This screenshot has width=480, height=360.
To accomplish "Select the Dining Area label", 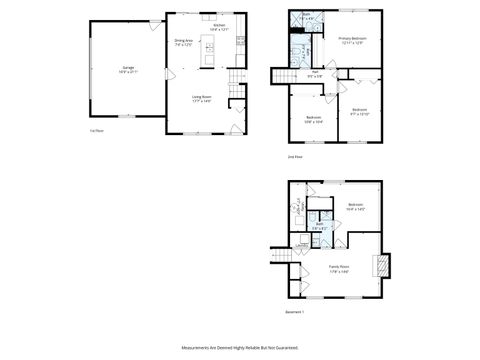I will pyautogui.click(x=183, y=43).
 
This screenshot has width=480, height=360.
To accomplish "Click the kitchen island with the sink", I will pyautogui.click(x=209, y=49).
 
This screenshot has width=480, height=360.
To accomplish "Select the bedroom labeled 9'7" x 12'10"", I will pyautogui.click(x=360, y=112).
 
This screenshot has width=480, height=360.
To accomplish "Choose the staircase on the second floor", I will pyautogui.click(x=285, y=76).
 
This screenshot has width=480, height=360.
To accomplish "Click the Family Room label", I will pyautogui.click(x=339, y=269).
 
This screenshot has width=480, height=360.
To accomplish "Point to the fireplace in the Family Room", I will pyautogui.click(x=380, y=265).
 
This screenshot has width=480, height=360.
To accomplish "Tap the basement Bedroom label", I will pyautogui.click(x=354, y=207).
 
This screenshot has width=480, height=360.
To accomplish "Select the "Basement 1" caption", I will pyautogui.click(x=294, y=312).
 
